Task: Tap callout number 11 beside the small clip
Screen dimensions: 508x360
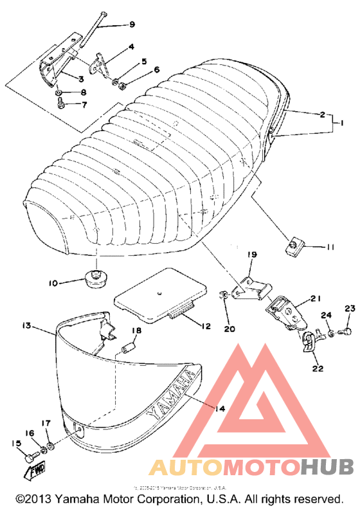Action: [330, 247]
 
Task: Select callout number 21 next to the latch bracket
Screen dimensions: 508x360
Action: [315, 298]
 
